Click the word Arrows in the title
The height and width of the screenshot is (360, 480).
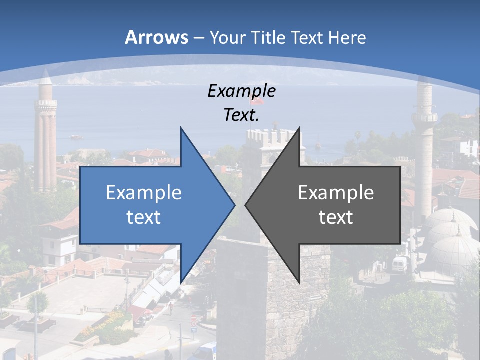click(157, 37)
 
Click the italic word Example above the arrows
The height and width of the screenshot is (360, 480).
click(241, 91)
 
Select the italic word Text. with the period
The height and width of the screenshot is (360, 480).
click(241, 115)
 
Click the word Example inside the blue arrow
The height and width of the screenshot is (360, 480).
click(143, 192)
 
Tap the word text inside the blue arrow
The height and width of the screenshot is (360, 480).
click(143, 217)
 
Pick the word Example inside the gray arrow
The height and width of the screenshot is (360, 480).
click(336, 192)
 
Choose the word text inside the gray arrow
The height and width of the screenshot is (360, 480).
click(336, 217)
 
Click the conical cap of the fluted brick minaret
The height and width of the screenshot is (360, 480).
click(46, 77)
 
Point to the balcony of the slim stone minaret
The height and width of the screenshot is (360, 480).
click(424, 118)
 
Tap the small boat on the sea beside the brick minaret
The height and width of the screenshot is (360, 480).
click(76, 136)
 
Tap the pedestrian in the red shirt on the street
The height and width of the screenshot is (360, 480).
click(170, 305)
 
